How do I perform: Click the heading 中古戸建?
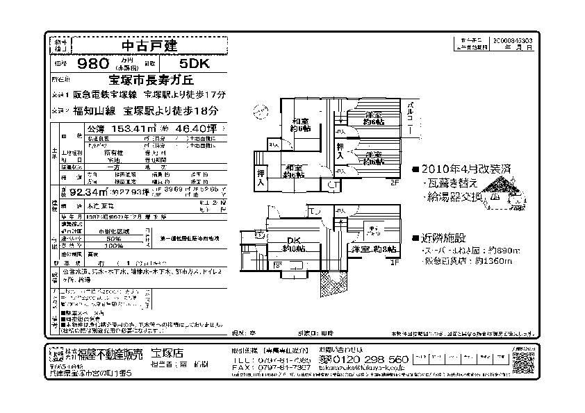pyautogui.click(x=149, y=46)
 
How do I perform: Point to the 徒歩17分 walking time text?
pyautogui.click(x=206, y=94)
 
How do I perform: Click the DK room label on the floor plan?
pyautogui.click(x=295, y=244)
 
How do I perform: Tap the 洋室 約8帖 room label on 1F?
pyautogui.click(x=374, y=248)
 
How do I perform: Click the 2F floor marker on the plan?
pyautogui.click(x=394, y=183)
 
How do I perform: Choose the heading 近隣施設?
pyautogui.click(x=444, y=237)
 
